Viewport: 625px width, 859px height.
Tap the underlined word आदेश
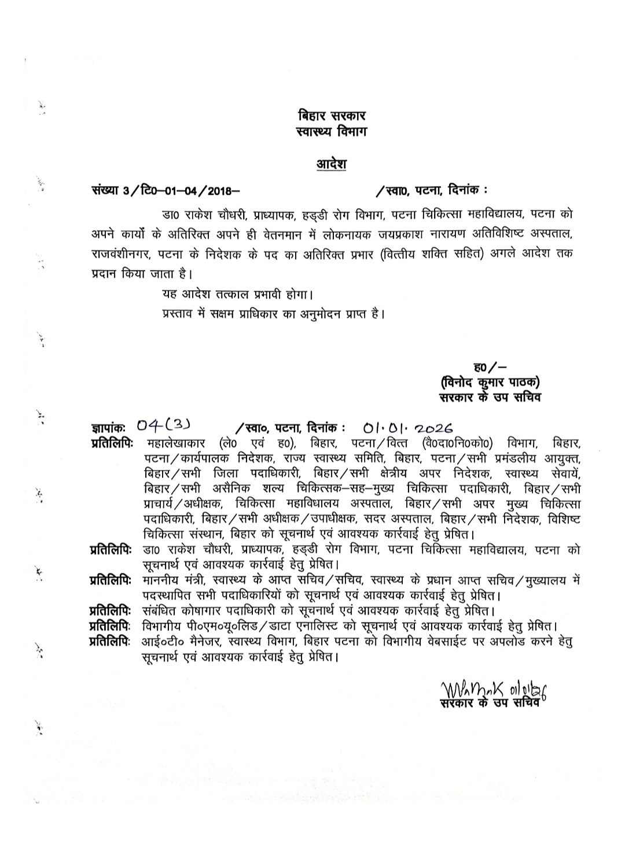331,164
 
